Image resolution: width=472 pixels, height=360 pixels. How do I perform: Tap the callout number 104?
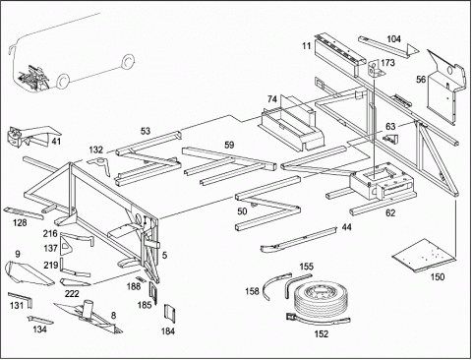coord(393,39)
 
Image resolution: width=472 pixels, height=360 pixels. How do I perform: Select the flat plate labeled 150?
coord(424,256)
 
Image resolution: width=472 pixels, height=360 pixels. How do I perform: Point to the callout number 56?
coord(421,80)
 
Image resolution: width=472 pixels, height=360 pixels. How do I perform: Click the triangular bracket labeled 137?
coord(65,247)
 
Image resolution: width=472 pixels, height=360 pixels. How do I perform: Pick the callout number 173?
coord(388,62)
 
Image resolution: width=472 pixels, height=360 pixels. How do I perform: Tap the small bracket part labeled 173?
coord(375,69)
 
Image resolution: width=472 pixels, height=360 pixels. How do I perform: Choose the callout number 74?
coord(272,99)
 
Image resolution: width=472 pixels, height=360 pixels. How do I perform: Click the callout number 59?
coord(229,145)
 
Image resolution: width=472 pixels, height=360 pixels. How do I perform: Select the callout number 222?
coord(72,293)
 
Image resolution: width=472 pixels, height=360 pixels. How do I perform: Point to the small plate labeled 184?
coord(169,312)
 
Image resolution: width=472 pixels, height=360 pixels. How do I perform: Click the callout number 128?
coord(20,223)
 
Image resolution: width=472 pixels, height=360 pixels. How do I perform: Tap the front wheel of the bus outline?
coord(62,82)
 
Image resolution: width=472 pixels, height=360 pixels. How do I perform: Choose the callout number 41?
coord(56,142)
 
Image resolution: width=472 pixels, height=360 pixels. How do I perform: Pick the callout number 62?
coord(390,213)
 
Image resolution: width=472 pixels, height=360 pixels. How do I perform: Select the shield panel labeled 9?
coord(28,273)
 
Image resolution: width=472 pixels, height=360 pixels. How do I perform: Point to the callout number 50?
coord(242,211)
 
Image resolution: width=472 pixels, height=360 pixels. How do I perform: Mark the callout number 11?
coord(306,45)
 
